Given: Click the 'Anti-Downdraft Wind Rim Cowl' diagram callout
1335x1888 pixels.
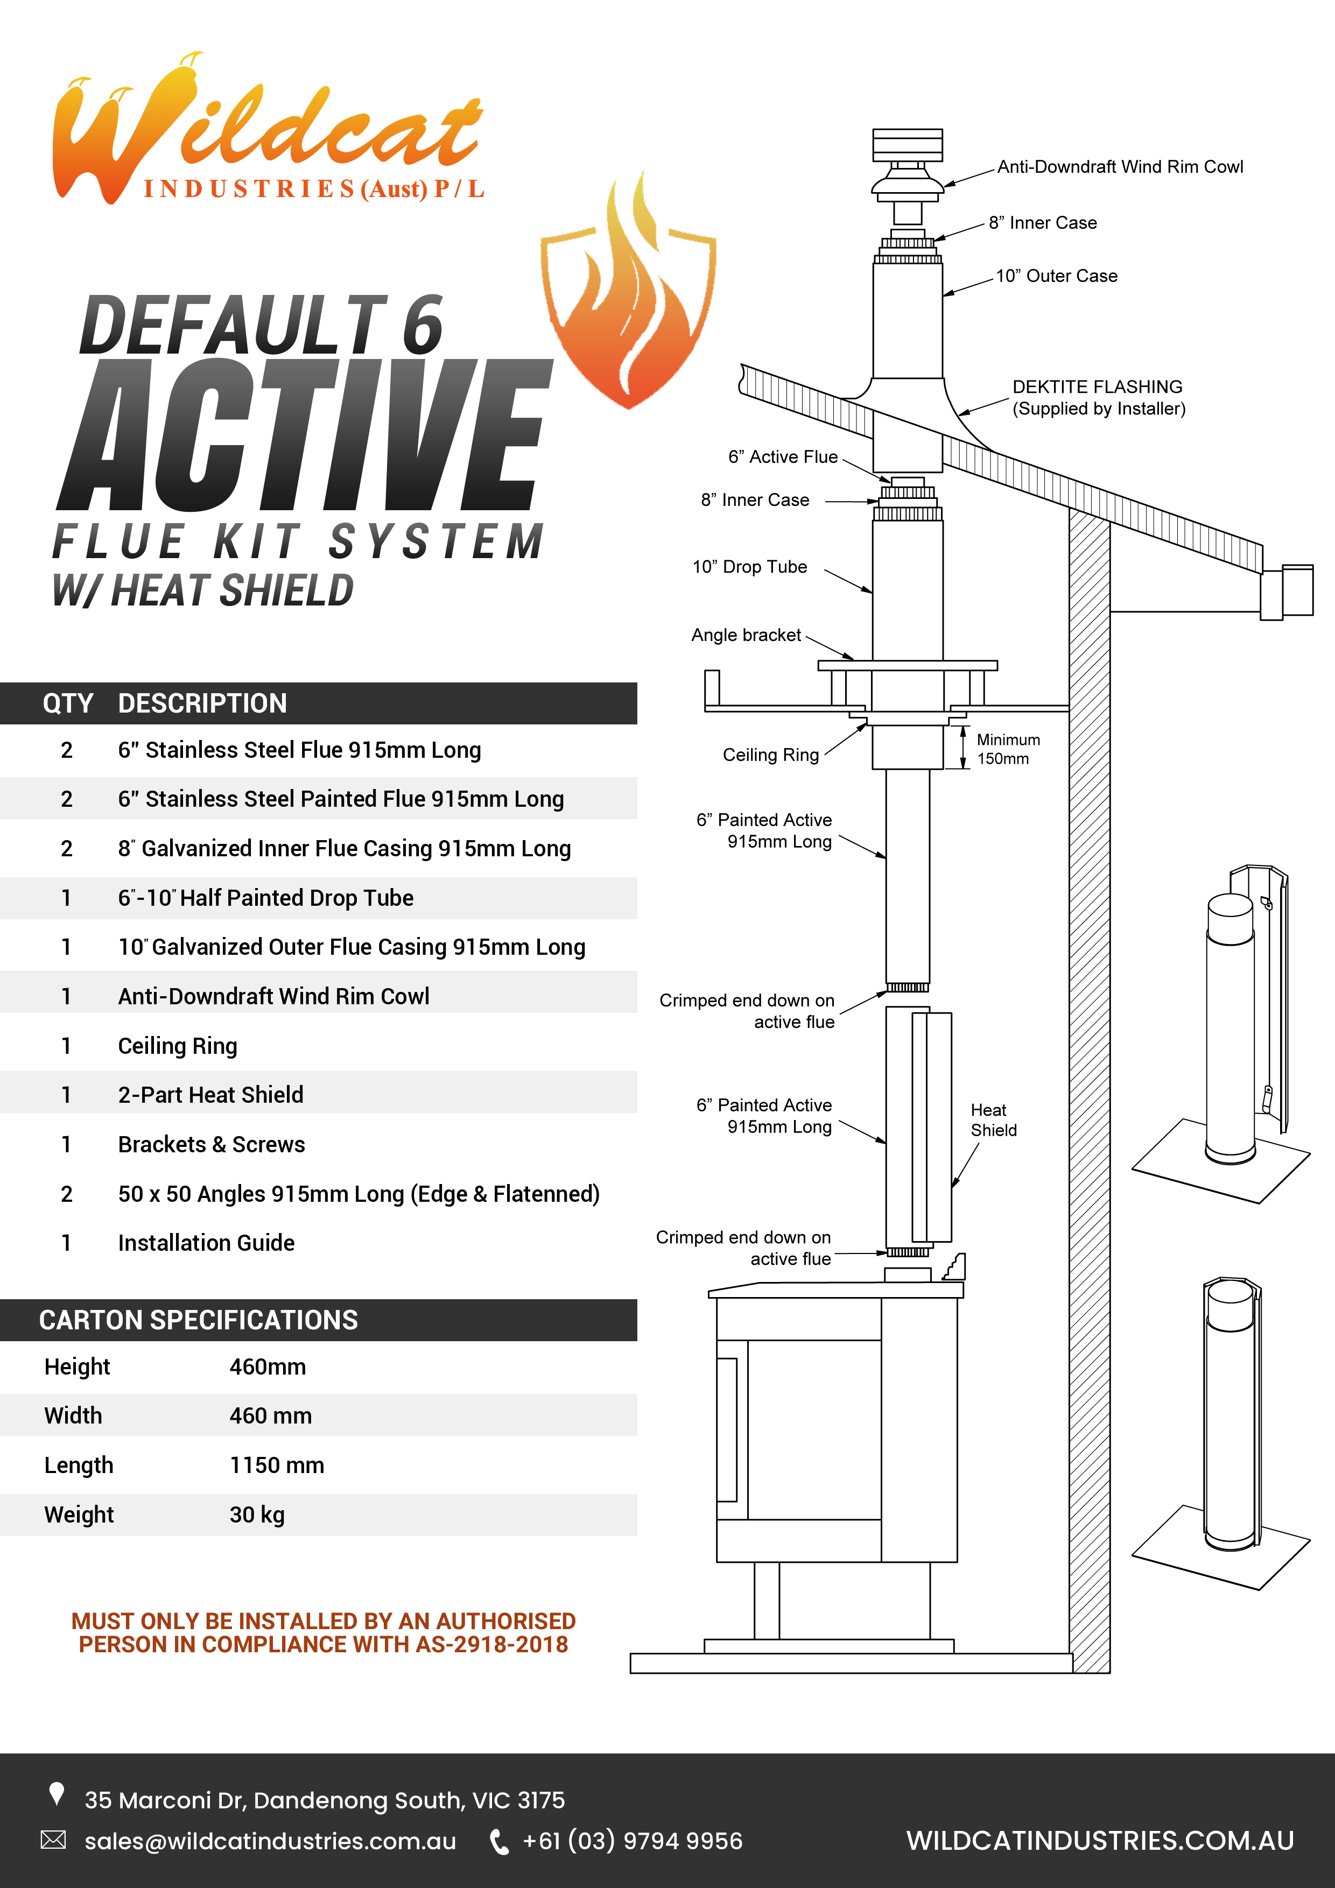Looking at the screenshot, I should click(1120, 167).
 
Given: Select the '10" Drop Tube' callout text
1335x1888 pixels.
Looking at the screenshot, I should click(749, 567).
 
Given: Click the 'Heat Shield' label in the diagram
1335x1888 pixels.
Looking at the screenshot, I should click(993, 1120).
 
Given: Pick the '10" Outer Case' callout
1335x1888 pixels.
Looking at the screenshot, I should click(1056, 276).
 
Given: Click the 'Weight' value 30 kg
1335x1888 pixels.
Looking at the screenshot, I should click(257, 1514).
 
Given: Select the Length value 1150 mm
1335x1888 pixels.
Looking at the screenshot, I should click(276, 1466).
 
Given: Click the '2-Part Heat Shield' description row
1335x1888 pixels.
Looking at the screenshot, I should click(210, 1095).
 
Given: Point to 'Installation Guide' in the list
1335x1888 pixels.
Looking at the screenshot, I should click(206, 1243).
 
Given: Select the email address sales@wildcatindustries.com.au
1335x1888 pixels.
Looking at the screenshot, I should click(270, 1841).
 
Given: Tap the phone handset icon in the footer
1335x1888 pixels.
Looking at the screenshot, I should click(498, 1842).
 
